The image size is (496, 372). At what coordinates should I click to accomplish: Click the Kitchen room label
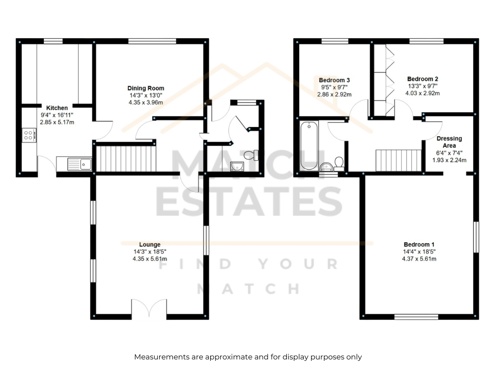57,108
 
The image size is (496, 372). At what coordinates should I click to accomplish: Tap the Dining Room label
146,88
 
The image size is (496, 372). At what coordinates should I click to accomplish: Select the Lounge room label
150,244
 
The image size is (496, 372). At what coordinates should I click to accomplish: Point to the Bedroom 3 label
334,80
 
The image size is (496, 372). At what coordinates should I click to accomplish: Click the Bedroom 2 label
423,79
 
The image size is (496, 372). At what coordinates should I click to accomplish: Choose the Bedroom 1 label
419,244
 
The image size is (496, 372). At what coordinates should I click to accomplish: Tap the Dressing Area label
449,142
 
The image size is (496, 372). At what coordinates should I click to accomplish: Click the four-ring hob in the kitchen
29,135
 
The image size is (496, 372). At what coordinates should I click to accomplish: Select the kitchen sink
80,164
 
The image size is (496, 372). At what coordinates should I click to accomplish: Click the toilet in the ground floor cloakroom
251,155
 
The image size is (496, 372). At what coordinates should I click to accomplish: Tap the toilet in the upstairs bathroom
339,164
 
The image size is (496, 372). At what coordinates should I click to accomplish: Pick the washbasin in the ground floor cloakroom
237,166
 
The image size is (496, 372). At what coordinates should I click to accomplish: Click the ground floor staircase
126,159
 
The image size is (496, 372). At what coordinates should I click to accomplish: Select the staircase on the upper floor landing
399,161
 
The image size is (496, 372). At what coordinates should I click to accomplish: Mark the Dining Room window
152,41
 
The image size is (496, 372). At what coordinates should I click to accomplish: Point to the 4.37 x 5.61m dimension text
419,259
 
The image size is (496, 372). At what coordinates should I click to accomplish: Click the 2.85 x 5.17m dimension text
57,122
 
